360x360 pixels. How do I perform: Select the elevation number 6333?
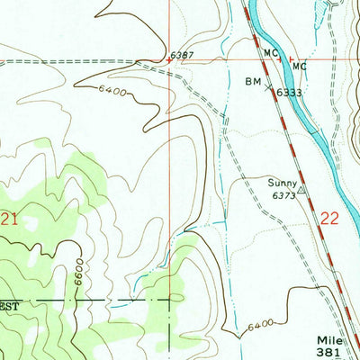[x=287, y=91]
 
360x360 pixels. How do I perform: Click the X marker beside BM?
[x=268, y=81]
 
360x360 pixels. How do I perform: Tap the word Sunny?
[x=282, y=182]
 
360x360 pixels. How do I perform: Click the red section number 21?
[x=10, y=218]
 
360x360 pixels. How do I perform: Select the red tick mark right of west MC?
[x=281, y=60]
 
